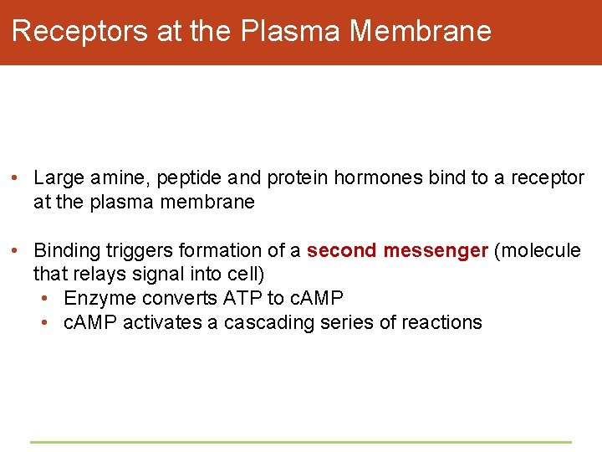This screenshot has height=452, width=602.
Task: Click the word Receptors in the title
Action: [81, 31]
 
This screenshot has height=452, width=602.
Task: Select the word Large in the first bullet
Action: [59, 178]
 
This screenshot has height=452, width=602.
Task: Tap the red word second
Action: [342, 250]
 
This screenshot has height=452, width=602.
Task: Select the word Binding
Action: [64, 250]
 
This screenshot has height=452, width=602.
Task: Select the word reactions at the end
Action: [444, 323]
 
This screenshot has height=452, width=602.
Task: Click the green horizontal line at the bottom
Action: [301, 442]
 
